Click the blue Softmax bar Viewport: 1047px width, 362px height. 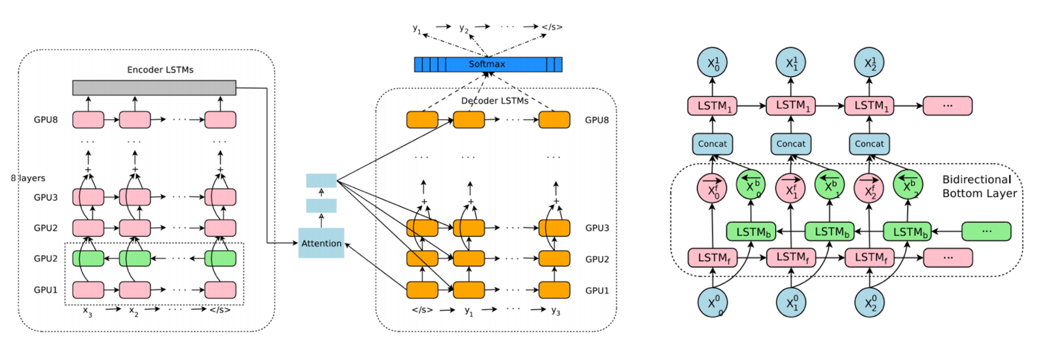[x=488, y=64]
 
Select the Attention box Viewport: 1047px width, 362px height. [x=321, y=243]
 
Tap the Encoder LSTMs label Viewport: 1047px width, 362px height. [x=160, y=69]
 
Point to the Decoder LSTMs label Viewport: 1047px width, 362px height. [x=495, y=101]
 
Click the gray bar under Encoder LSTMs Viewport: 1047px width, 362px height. [x=154, y=88]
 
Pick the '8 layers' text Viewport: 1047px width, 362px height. [x=28, y=178]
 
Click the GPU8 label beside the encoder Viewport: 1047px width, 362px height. [x=46, y=120]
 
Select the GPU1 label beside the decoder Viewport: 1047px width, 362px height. [x=597, y=290]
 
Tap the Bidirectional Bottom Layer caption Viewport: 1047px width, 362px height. [x=979, y=187]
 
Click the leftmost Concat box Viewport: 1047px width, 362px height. [x=712, y=144]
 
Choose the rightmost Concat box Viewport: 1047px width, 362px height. [x=869, y=144]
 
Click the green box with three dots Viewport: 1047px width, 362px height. [x=986, y=231]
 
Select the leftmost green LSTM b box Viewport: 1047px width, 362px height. [x=753, y=232]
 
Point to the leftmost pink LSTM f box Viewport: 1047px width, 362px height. [x=713, y=258]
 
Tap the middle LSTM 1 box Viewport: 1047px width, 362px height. [x=792, y=105]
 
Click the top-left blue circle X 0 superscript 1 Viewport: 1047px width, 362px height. [x=712, y=63]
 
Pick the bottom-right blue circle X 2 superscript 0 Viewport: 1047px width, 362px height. [x=870, y=302]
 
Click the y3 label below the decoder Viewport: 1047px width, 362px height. [x=556, y=311]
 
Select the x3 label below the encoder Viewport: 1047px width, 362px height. [x=88, y=311]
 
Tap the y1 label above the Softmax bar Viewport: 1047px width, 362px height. [x=417, y=28]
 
